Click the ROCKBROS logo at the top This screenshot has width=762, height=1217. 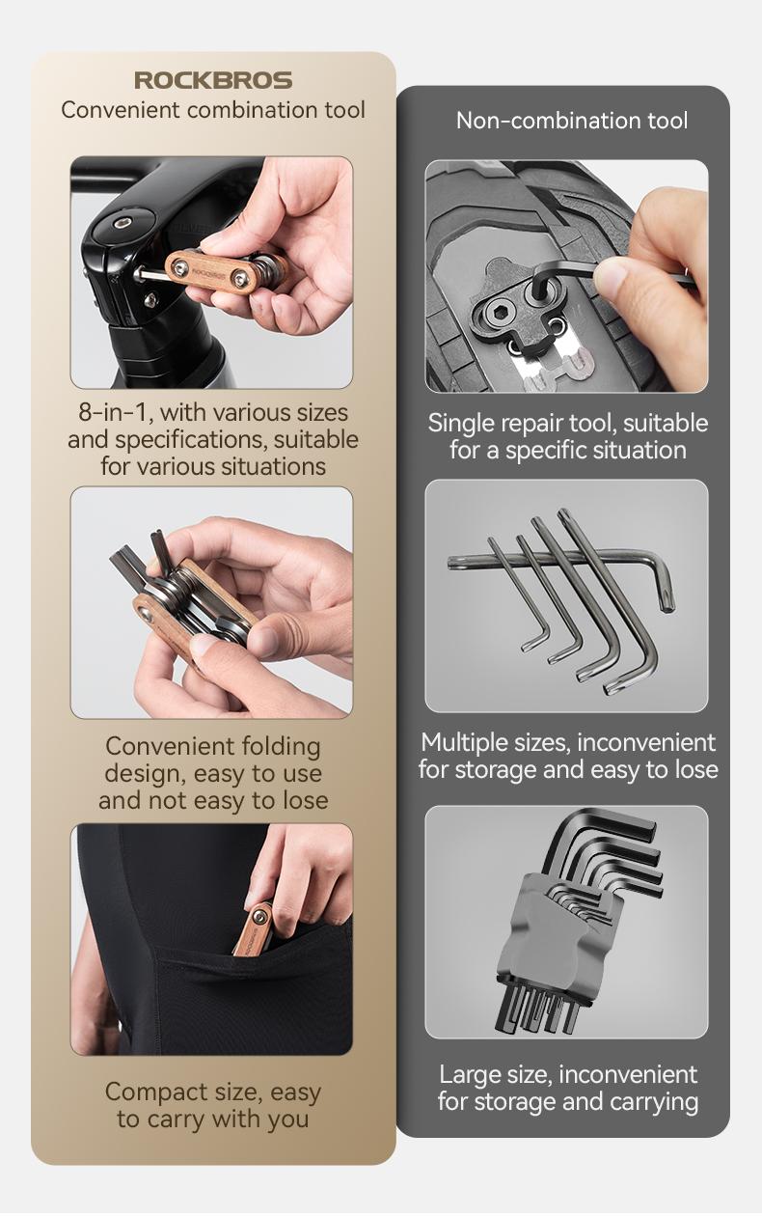(212, 80)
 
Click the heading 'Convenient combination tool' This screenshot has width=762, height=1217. (212, 110)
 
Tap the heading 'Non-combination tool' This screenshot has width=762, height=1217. (572, 121)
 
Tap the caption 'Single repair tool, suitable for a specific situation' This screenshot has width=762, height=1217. (567, 437)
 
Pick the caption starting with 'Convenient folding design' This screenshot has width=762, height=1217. (212, 773)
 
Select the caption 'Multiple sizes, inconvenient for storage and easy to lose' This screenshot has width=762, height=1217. (567, 757)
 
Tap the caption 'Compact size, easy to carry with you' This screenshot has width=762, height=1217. (212, 1106)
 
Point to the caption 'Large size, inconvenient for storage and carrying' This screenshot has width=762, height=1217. (567, 1088)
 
